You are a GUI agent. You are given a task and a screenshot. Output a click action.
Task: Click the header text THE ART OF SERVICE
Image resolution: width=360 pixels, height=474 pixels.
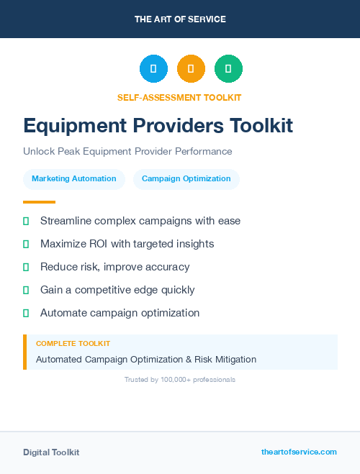point(180,19)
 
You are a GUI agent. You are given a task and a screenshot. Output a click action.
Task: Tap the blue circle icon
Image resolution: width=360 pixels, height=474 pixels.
point(153,68)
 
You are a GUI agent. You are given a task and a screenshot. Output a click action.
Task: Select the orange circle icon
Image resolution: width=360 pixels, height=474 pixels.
point(191,68)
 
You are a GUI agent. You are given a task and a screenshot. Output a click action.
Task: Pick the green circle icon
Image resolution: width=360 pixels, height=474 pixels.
point(228,68)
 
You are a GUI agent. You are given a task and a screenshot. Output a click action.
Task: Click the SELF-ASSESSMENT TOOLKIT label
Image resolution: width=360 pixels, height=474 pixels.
point(179,97)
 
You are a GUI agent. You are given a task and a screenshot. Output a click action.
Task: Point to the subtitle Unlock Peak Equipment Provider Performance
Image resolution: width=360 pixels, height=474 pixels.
point(127,152)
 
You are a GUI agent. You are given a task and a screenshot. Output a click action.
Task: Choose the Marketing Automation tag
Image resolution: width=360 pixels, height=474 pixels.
point(74,178)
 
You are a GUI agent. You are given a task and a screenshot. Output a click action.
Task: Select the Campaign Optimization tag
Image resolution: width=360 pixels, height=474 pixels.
point(186,178)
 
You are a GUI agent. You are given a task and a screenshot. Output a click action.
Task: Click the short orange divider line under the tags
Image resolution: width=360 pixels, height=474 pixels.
point(39,202)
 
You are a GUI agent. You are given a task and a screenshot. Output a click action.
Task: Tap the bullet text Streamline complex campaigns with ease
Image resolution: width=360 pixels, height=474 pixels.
point(140,221)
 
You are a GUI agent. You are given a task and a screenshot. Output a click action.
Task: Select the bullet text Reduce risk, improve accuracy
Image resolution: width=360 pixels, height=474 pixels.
point(114,267)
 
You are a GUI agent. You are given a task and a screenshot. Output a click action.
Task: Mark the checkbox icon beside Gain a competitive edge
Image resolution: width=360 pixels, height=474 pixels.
point(26,290)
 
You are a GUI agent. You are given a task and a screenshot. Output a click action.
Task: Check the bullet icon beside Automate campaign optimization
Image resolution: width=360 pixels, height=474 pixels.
point(26,313)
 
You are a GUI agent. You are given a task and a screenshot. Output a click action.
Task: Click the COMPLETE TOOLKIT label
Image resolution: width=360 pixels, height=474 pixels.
point(73,344)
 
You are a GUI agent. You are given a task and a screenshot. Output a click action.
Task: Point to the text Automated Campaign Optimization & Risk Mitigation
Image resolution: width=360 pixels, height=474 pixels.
point(146,359)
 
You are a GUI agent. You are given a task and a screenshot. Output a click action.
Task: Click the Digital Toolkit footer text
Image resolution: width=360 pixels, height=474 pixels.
point(51,452)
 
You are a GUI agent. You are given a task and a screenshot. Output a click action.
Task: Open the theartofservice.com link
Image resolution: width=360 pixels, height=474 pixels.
point(299,452)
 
